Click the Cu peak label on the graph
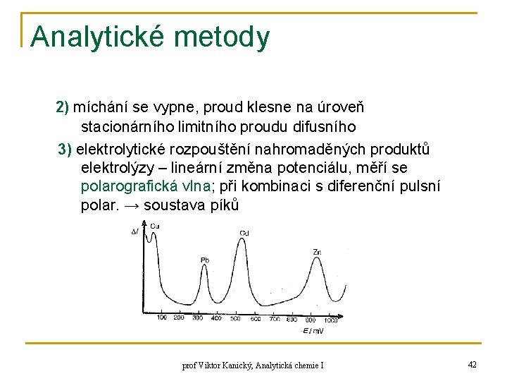(154, 226)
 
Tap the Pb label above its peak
(205, 260)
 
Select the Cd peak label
(244, 233)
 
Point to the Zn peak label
(318, 252)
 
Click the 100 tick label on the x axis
(162, 318)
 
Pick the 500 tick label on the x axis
(236, 318)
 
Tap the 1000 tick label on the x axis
(331, 320)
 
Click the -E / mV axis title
(313, 330)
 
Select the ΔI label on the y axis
(135, 231)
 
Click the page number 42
(472, 364)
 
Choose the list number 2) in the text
(62, 107)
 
